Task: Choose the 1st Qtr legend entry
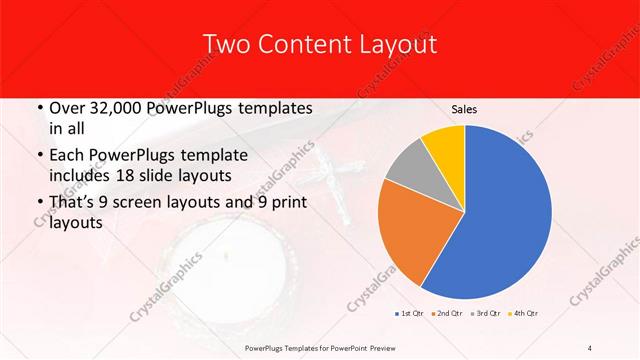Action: coord(408,314)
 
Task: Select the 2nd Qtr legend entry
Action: coord(447,314)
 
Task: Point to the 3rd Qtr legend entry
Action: coord(486,314)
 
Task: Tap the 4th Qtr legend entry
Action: coord(524,314)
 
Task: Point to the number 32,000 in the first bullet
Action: coord(118,107)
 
